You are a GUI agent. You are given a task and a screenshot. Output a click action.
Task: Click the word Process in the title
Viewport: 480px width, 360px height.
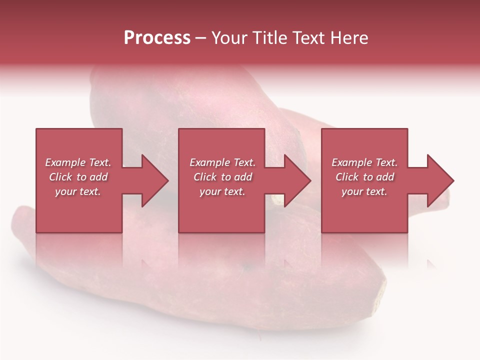click(157, 38)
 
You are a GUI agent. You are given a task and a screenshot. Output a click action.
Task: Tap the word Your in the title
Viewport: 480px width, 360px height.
click(228, 38)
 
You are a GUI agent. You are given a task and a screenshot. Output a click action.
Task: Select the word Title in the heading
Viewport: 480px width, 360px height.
click(270, 38)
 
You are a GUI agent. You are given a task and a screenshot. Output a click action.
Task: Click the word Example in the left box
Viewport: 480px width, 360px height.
click(63, 162)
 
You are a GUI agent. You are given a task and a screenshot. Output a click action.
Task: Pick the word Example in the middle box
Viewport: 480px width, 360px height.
click(207, 162)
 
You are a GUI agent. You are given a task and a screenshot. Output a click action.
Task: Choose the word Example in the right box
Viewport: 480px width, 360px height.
click(349, 162)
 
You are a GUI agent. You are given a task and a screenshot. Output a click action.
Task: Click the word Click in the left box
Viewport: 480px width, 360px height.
click(60, 177)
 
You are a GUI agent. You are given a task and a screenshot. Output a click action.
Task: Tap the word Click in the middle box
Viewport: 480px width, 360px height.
click(204, 177)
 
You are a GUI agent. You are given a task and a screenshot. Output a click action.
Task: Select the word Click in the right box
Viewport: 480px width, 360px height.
click(346, 177)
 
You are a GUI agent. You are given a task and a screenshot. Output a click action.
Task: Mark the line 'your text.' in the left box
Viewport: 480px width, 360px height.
click(78, 191)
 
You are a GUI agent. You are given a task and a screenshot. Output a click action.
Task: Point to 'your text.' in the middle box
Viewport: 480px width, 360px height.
click(222, 191)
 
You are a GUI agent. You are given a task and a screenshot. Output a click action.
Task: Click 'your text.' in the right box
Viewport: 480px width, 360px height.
click(364, 191)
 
